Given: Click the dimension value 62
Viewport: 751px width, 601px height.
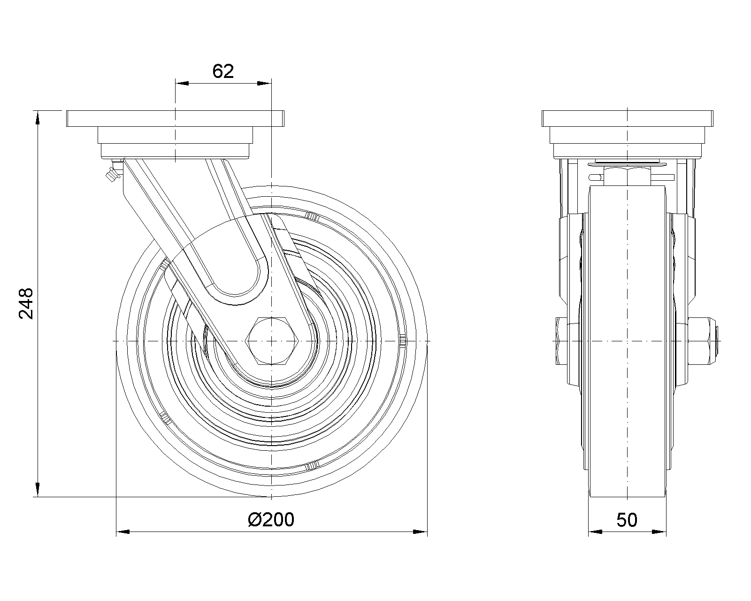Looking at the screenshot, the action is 223,71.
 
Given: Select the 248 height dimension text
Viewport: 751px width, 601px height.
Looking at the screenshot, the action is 26,303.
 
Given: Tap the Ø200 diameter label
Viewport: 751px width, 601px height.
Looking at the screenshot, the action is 271,520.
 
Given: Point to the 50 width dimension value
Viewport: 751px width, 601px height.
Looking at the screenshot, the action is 627,520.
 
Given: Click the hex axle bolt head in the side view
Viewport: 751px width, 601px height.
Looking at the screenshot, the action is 272,341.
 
